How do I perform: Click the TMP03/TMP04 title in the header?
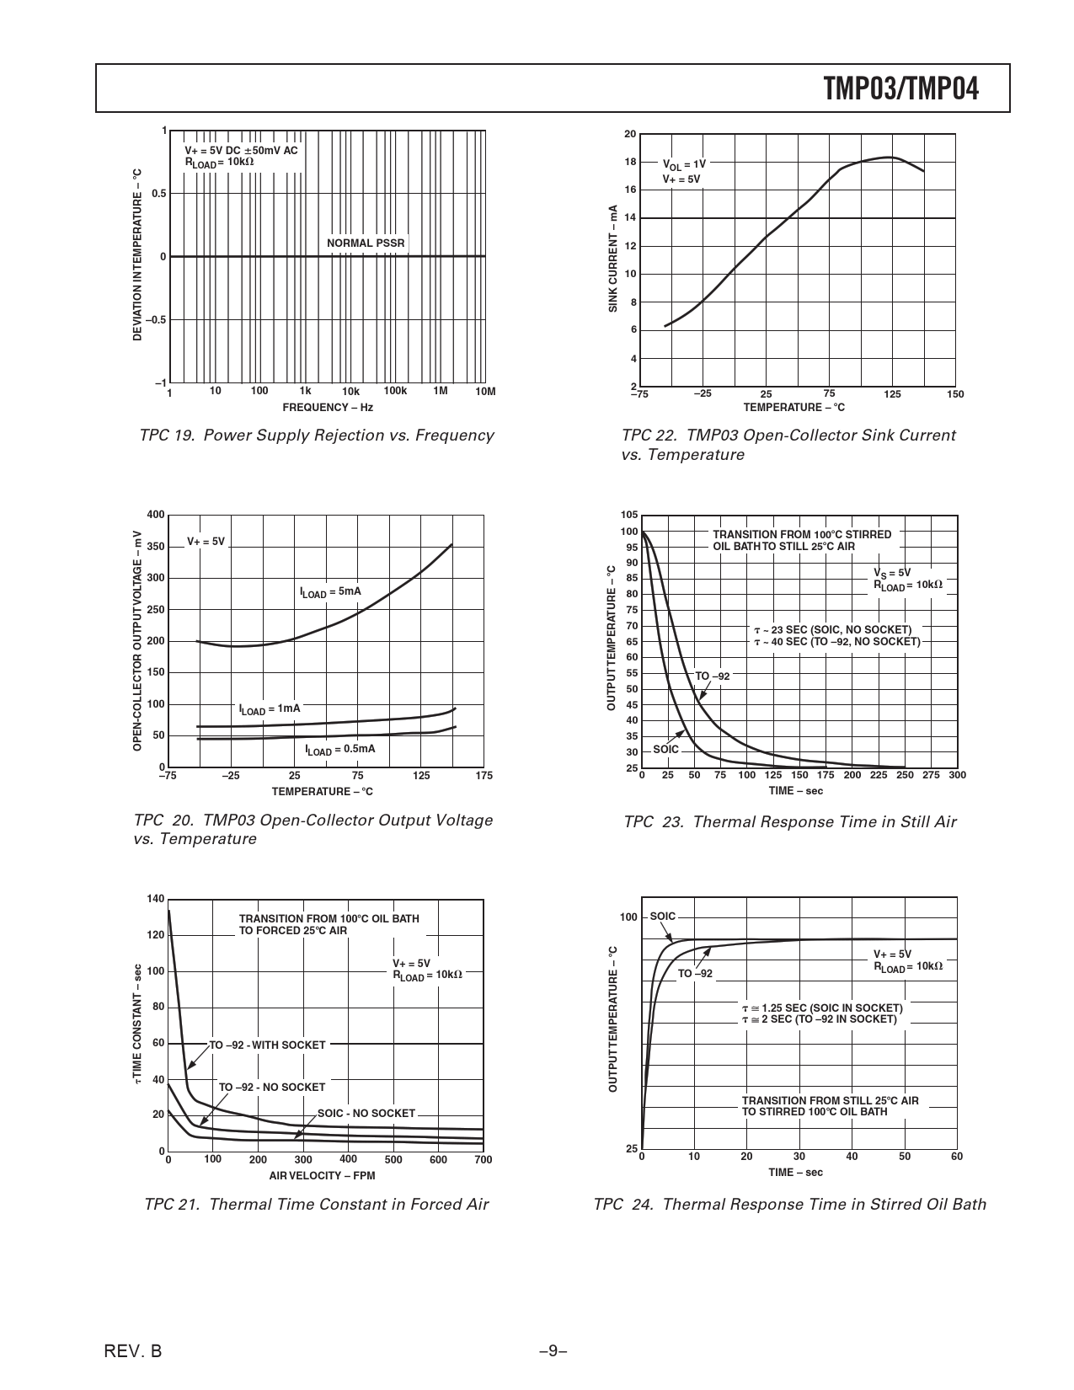pyautogui.click(x=901, y=88)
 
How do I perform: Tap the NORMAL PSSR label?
pyautogui.click(x=366, y=243)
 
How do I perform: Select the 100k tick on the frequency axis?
pyautogui.click(x=395, y=391)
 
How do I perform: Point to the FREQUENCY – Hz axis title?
pyautogui.click(x=328, y=408)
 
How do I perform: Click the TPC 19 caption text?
pyautogui.click(x=317, y=436)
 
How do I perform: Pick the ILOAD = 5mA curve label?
pyautogui.click(x=330, y=592)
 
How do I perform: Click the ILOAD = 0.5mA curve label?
pyautogui.click(x=340, y=750)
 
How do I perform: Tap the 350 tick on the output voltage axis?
pyautogui.click(x=156, y=547)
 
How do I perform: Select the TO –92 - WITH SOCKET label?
pyautogui.click(x=267, y=1045)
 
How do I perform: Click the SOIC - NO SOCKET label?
pyautogui.click(x=366, y=1114)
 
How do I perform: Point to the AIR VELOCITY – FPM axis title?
pyautogui.click(x=322, y=1176)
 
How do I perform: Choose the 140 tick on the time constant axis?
pyautogui.click(x=156, y=899)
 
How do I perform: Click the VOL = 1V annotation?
pyautogui.click(x=684, y=165)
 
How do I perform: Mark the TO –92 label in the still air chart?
pyautogui.click(x=712, y=676)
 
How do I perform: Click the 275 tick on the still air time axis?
pyautogui.click(x=931, y=775)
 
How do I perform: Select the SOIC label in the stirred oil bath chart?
pyautogui.click(x=663, y=917)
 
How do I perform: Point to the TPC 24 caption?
pyautogui.click(x=789, y=1205)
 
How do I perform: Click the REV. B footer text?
pyautogui.click(x=133, y=1352)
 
